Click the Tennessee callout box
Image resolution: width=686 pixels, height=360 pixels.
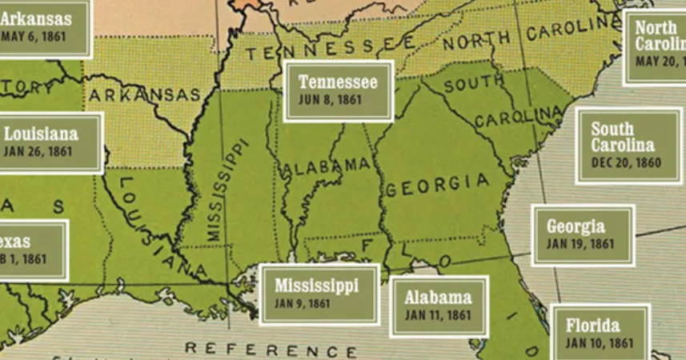tap(339, 91)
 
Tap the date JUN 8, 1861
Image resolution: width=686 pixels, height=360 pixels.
tap(330, 101)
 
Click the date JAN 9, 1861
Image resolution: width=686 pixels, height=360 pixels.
tap(303, 304)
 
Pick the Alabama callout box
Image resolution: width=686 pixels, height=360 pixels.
tap(439, 306)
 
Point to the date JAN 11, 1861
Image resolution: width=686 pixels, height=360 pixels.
tap(437, 315)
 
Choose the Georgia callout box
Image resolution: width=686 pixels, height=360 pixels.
tap(583, 235)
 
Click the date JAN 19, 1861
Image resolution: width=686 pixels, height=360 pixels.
tap(580, 245)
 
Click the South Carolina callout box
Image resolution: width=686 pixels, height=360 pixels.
tap(628, 146)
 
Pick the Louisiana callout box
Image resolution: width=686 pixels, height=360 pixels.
tap(50, 142)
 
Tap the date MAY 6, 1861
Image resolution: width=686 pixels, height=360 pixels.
tap(31, 37)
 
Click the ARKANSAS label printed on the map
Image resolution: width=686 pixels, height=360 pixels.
tap(144, 95)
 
